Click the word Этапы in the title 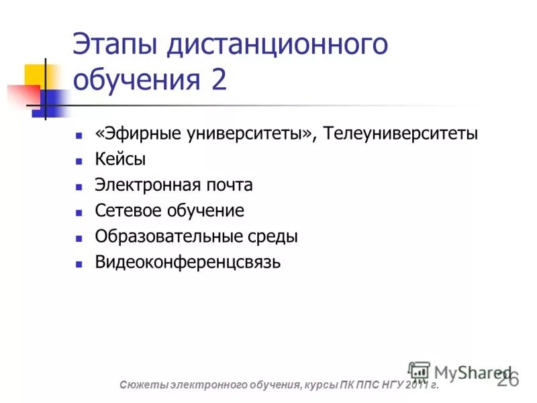115,46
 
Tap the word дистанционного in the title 277,46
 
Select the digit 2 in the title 219,81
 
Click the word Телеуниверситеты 401,134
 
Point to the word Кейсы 120,160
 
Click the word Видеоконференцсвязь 187,262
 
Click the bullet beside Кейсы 79,161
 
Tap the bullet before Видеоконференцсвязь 79,263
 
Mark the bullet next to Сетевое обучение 79,212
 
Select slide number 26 508,380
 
